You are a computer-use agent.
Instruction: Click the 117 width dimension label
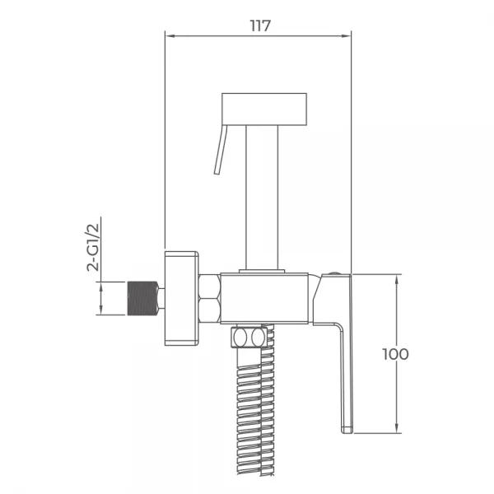[260, 26]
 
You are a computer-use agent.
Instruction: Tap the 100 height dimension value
[395, 354]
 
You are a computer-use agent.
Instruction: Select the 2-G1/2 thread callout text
[93, 247]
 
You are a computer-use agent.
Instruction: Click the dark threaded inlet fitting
[142, 298]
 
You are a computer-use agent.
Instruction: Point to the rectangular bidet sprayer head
[264, 109]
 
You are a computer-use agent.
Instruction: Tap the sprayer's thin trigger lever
[220, 150]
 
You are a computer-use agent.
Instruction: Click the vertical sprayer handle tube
[262, 198]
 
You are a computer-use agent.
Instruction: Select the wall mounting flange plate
[181, 298]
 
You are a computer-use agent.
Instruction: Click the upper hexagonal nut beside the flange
[210, 287]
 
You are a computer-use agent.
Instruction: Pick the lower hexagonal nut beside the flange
[210, 310]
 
